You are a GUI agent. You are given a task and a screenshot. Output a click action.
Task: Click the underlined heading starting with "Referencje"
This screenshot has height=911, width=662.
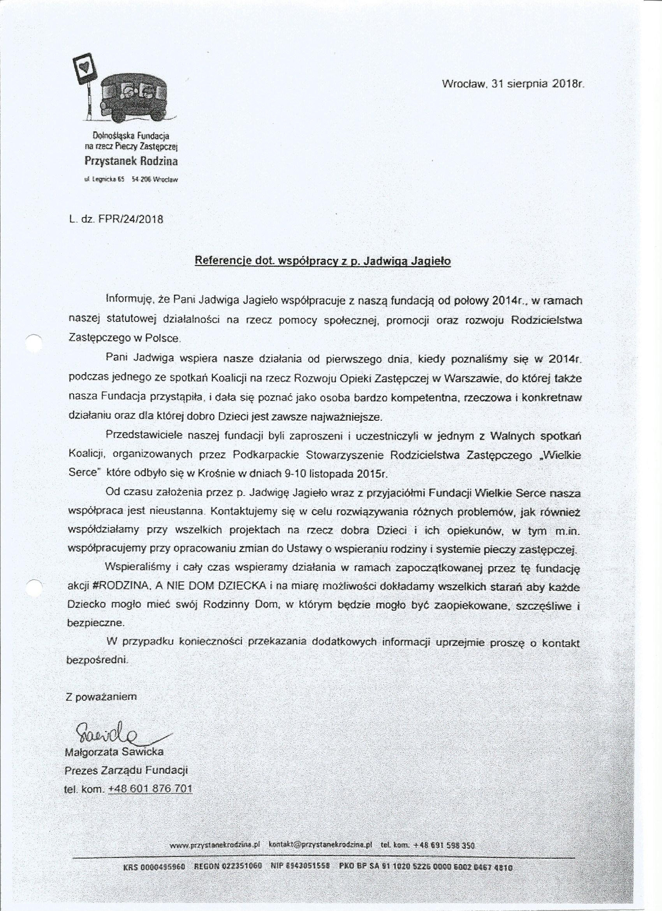[322, 261]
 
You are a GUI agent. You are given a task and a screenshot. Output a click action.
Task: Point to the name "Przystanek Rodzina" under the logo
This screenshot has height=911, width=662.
[131, 161]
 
